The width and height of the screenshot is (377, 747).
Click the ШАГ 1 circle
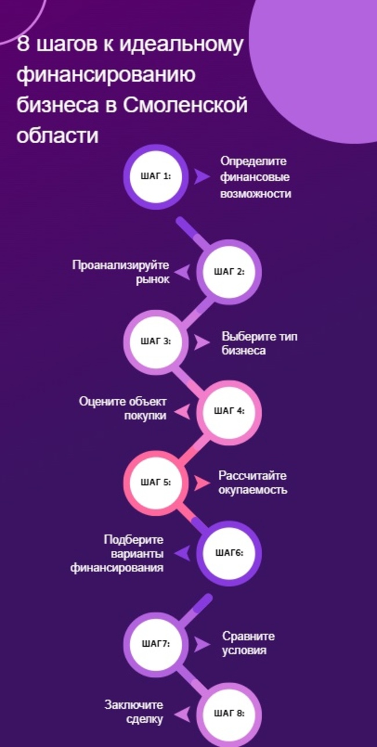(156, 177)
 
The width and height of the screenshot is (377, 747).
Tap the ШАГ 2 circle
(229, 271)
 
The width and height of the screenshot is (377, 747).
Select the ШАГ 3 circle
(156, 341)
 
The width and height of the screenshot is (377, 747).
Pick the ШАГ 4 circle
(229, 411)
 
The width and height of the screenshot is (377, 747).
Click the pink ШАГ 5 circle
(156, 482)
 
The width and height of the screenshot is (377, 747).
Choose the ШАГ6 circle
(229, 553)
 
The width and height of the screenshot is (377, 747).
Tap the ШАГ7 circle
(156, 643)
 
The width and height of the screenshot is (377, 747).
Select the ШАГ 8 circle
(229, 713)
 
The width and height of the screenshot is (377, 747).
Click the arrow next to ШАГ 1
(201, 177)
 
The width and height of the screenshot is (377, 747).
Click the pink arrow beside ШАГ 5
(201, 482)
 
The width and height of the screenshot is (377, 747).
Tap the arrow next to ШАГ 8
(182, 713)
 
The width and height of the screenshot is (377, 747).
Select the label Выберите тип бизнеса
(259, 343)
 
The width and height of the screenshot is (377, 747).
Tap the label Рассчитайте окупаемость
(253, 482)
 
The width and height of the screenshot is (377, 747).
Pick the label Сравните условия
(248, 643)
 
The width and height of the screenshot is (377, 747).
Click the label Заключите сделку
(134, 712)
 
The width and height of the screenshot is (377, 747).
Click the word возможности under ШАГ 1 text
(255, 194)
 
